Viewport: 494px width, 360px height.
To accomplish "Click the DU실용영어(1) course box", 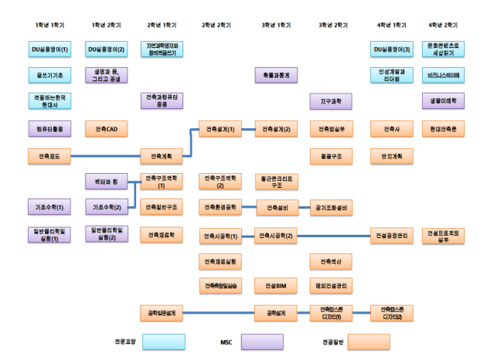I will (x=49, y=50).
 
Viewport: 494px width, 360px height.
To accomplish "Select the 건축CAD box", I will (x=106, y=128).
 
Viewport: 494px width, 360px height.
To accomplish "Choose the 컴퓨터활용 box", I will (x=49, y=128).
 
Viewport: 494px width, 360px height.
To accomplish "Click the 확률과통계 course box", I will (x=276, y=75).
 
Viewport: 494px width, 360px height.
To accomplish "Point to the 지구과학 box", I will (x=331, y=101).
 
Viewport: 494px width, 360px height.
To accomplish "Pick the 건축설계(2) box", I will (x=276, y=128).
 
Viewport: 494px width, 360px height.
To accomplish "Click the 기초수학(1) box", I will (x=49, y=207).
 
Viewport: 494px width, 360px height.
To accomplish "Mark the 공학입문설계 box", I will (x=162, y=313).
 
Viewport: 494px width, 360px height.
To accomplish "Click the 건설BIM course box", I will (x=276, y=286).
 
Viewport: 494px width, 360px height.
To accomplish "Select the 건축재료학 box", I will (x=162, y=233).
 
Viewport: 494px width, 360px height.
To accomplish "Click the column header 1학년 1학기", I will (x=49, y=25).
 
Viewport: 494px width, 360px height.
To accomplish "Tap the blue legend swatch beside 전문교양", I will (x=164, y=341).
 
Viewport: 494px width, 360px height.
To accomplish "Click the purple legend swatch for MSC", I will (x=262, y=341).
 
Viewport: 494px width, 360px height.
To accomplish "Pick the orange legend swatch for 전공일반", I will (x=368, y=341).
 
